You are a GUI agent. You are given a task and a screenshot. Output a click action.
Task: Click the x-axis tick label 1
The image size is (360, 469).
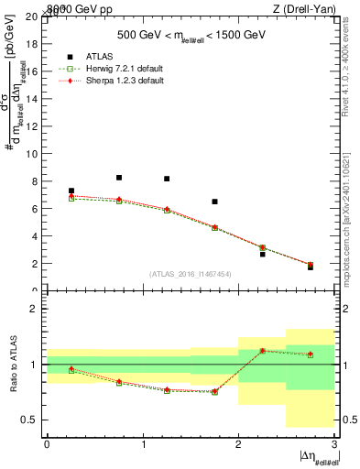143,444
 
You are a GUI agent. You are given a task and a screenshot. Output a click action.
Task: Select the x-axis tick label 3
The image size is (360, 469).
334,444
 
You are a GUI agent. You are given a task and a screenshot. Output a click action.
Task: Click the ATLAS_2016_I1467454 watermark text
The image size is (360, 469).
191,273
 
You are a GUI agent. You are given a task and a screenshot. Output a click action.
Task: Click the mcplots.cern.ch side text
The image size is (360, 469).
351,206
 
